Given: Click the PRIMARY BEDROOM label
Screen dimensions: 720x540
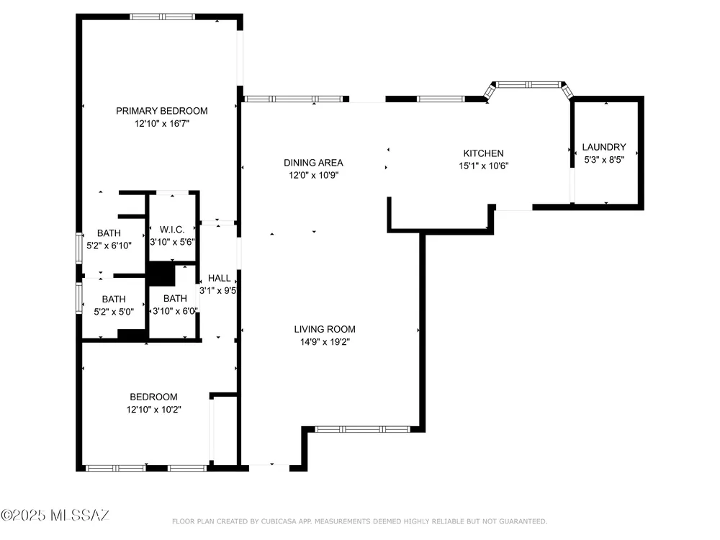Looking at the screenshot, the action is (x=161, y=111).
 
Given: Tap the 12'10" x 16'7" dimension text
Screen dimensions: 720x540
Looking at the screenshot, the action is (x=161, y=124).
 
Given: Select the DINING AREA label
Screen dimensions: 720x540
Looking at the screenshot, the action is (x=313, y=163).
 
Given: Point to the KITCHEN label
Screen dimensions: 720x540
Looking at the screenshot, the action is (x=483, y=153).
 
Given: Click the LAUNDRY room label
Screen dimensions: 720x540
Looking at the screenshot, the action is (x=604, y=147).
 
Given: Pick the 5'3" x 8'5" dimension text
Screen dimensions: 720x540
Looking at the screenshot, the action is (x=604, y=160).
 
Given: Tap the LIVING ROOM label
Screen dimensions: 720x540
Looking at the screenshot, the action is (x=325, y=329).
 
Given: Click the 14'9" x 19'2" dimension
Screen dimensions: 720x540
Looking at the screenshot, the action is (x=325, y=341).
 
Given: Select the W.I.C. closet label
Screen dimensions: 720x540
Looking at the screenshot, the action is (x=172, y=230).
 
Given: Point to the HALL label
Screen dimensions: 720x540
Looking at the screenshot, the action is (x=219, y=278).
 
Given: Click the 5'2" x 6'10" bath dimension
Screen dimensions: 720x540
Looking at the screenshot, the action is (x=109, y=246).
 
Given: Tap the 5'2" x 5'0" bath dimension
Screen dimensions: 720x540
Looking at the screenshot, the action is (x=114, y=312).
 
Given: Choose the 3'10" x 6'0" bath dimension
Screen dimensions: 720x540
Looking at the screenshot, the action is (x=175, y=311).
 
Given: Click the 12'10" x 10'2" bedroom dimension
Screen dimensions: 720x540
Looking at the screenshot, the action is (x=154, y=410).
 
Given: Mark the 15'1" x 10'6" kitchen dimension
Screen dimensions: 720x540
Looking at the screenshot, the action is (x=484, y=166).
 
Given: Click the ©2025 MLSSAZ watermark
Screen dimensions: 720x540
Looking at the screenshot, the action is (x=55, y=516).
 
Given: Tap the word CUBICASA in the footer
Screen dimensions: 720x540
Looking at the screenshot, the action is (x=279, y=521).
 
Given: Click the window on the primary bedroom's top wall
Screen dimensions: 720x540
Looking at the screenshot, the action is (x=162, y=17).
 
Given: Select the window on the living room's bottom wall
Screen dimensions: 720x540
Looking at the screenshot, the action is (x=362, y=429).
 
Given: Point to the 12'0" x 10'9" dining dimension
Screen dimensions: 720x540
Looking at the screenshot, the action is (x=313, y=175).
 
